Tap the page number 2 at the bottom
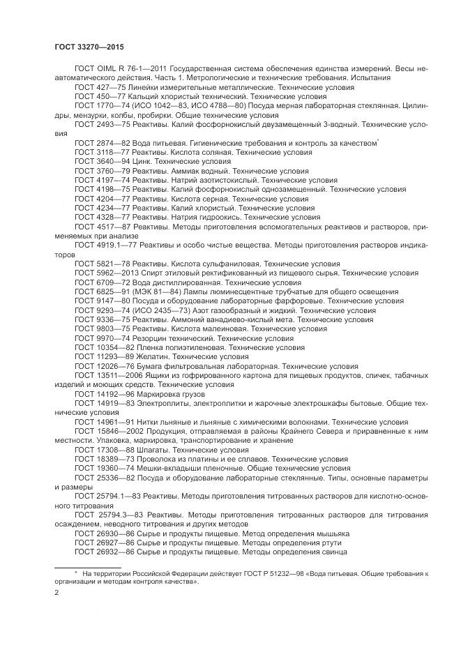pos(56,592)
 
